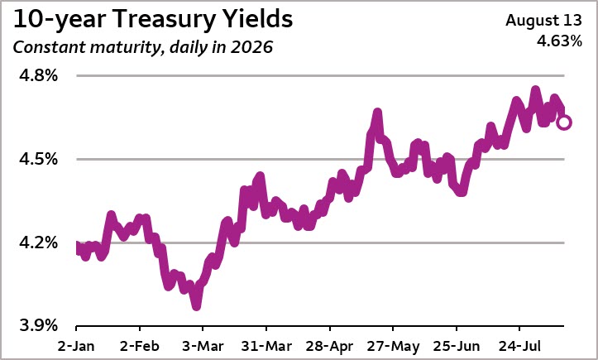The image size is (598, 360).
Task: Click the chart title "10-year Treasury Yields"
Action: [153, 20]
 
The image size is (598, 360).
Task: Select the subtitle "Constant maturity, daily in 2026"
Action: [143, 48]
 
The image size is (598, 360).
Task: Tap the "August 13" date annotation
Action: [544, 21]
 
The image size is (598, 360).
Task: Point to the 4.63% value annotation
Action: [559, 41]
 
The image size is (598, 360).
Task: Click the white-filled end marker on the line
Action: [564, 122]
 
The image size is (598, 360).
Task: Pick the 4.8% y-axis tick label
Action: [39, 75]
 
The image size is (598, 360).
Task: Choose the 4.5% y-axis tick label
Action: [39, 159]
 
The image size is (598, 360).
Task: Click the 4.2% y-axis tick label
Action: [39, 242]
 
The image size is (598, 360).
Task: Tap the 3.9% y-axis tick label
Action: [39, 325]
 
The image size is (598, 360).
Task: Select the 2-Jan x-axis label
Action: [76, 346]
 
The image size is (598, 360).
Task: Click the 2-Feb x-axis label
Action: [140, 346]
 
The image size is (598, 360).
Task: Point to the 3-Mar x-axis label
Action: [203, 346]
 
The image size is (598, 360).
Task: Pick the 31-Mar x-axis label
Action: [266, 346]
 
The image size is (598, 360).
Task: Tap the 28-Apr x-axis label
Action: [329, 346]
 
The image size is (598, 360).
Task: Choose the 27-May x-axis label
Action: [393, 346]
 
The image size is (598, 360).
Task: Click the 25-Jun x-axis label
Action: [456, 346]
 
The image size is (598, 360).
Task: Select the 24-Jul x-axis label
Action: [519, 346]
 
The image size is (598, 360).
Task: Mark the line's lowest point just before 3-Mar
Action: [196, 306]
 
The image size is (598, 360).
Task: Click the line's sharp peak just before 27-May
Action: [377, 113]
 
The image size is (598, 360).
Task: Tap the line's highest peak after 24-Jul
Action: [535, 90]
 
